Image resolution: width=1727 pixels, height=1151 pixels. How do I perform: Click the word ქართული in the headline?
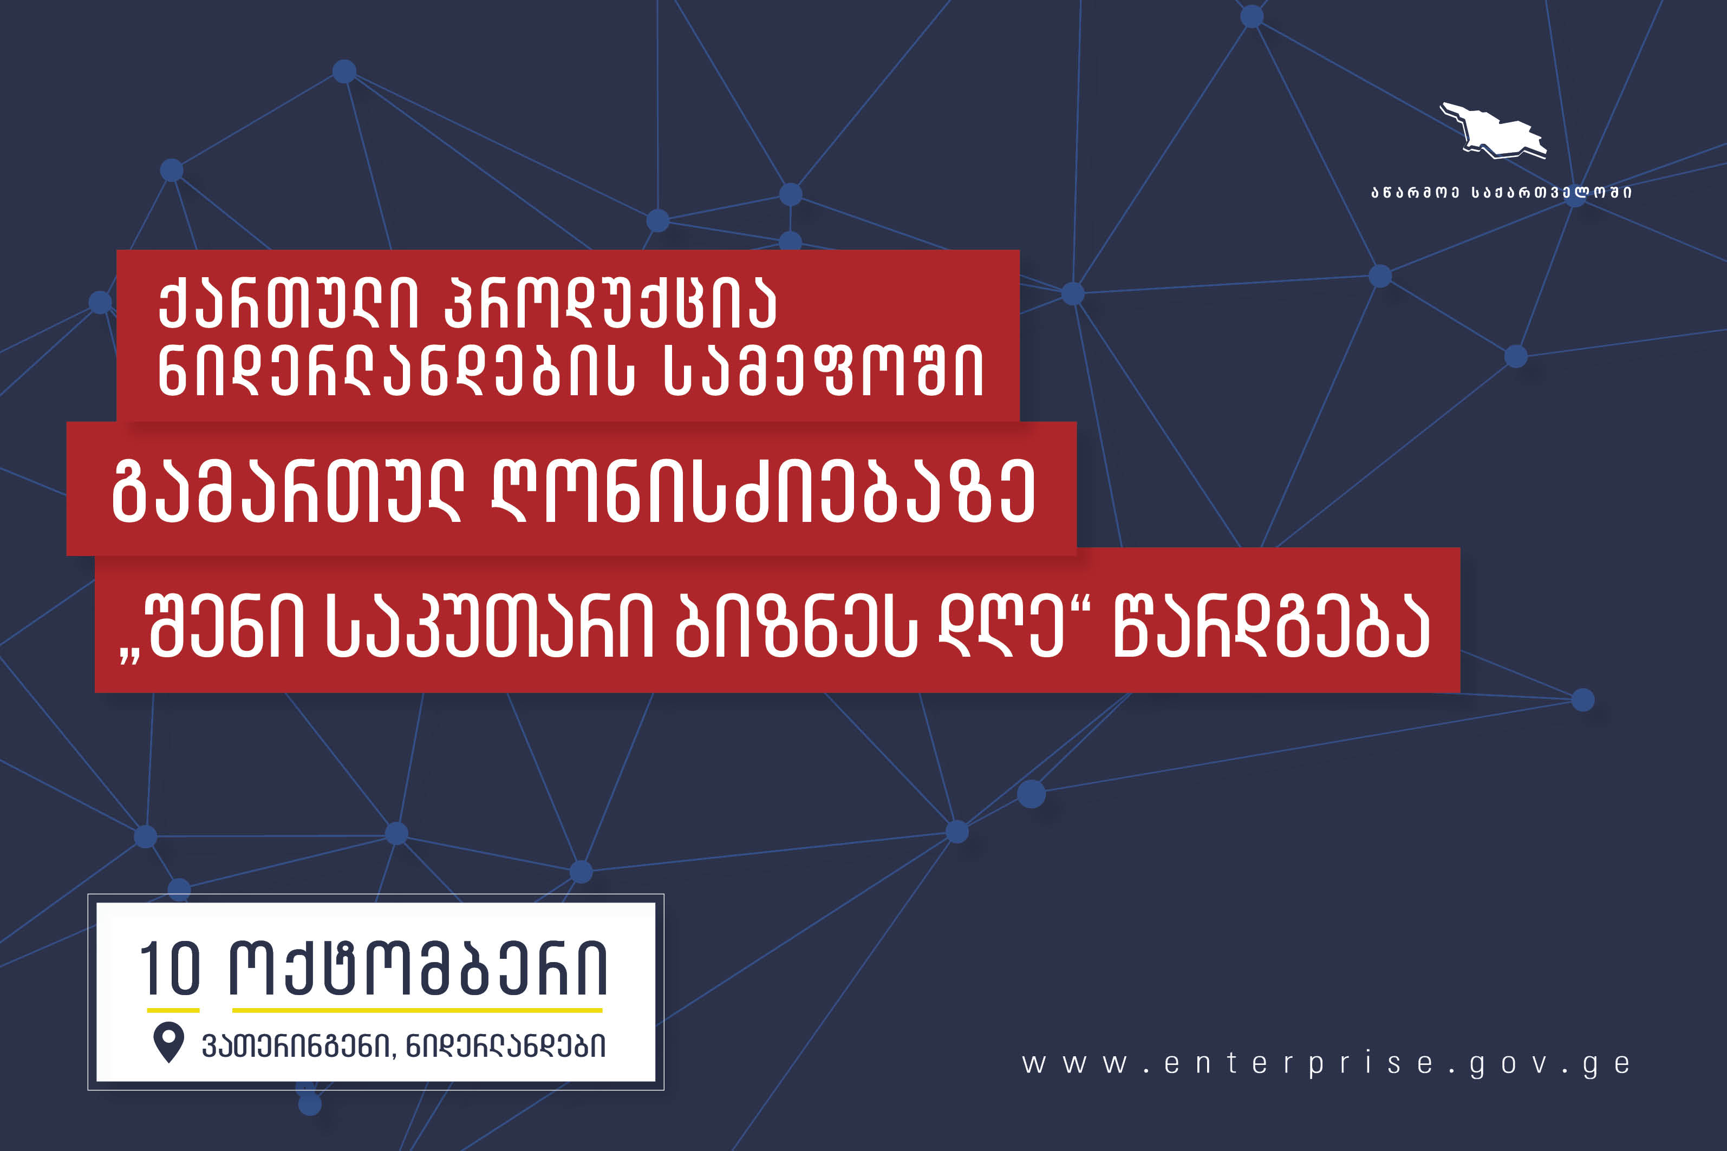tap(288, 303)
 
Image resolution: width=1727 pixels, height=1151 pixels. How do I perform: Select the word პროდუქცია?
tap(611, 303)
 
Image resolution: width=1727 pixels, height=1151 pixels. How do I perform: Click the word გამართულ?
tap(287, 491)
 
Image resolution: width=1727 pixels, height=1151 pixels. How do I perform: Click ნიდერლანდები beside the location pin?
tap(506, 1046)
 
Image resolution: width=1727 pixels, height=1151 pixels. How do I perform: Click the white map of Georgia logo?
tap(1494, 130)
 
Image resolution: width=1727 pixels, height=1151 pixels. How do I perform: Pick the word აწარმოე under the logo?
tap(1414, 192)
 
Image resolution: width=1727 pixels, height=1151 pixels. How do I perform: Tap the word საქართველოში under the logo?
tap(1551, 192)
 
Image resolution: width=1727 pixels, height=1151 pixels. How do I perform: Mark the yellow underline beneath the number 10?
tap(173, 1010)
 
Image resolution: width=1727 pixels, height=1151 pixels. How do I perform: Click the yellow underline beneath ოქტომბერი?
tap(417, 1010)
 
